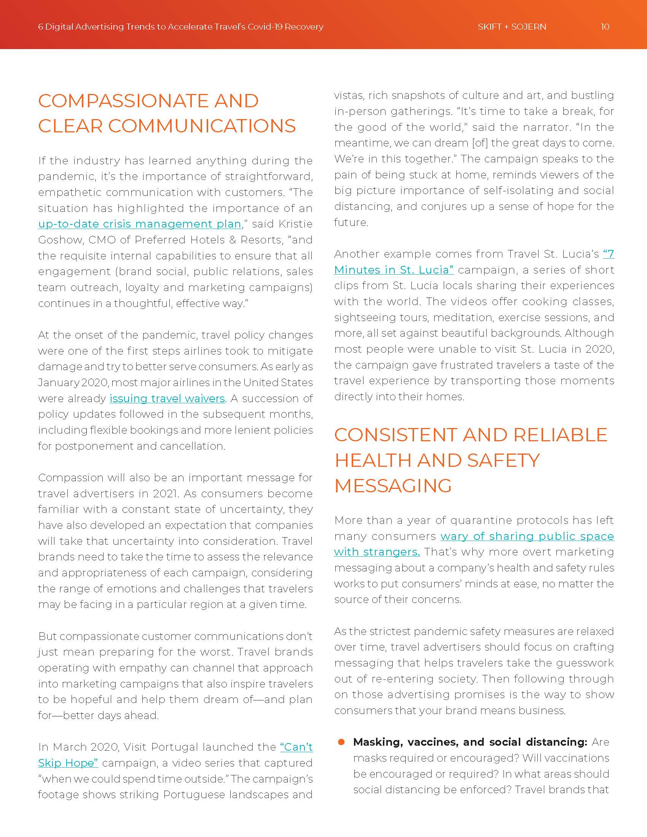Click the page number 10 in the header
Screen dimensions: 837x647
(x=605, y=27)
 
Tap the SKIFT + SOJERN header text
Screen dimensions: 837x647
(x=512, y=27)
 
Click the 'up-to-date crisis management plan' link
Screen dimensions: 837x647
(x=140, y=224)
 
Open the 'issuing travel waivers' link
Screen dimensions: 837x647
(x=167, y=399)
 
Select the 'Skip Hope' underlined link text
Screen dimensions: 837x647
(x=68, y=763)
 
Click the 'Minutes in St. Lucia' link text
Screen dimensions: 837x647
(x=394, y=270)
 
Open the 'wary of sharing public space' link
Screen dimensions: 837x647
(x=527, y=536)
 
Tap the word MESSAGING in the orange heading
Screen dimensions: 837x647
(x=393, y=486)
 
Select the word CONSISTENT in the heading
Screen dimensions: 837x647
(x=395, y=435)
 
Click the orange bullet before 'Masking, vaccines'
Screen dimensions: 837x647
(x=341, y=742)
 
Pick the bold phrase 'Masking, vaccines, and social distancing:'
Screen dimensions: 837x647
(x=470, y=742)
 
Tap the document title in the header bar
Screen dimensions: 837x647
(x=180, y=27)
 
